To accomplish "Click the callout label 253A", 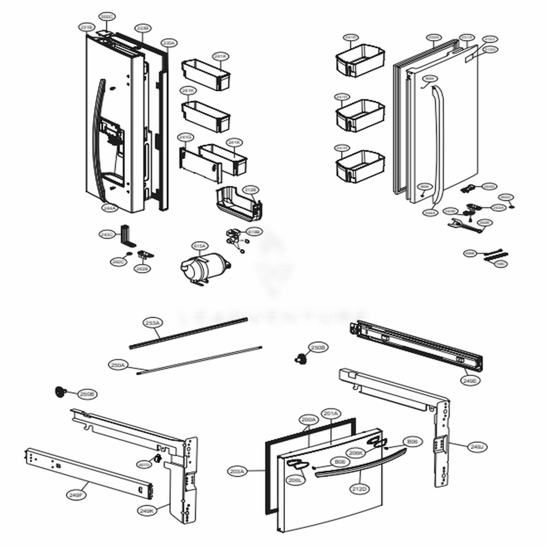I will point(152,323).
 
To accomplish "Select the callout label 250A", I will point(118,364).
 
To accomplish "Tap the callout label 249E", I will point(469,380).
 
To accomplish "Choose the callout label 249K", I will point(147,510).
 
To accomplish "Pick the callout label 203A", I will point(238,470).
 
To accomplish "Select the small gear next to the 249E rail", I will point(300,359).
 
